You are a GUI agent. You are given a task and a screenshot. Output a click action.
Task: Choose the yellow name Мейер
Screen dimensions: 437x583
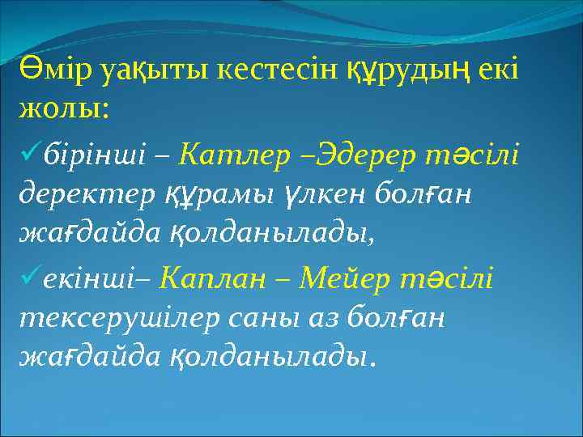tap(345, 279)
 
